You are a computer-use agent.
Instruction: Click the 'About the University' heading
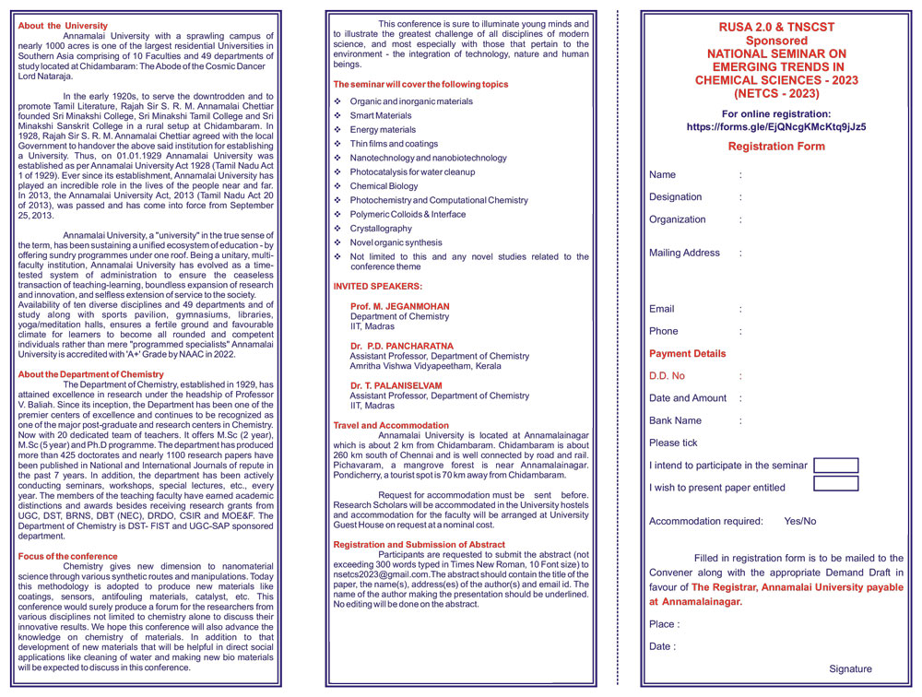tap(63, 26)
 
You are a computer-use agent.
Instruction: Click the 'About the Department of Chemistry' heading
tap(90, 374)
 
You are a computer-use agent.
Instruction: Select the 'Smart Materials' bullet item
tap(381, 115)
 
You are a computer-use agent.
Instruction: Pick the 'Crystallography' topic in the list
tap(381, 229)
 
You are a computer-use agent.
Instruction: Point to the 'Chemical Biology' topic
tap(384, 186)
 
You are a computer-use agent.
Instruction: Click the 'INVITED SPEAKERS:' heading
tap(377, 287)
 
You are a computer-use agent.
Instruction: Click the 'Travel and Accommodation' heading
tap(391, 426)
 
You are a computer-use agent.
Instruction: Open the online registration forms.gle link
tap(776, 127)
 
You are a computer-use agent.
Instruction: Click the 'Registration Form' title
tap(776, 147)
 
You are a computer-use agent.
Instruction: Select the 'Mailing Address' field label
tap(684, 253)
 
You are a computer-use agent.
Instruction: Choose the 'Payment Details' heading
tap(687, 353)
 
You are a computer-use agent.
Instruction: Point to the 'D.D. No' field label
tap(667, 376)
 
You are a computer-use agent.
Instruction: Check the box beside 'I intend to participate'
tap(835, 466)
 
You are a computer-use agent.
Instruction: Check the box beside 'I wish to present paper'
tap(835, 484)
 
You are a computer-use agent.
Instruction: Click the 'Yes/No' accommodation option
tap(799, 521)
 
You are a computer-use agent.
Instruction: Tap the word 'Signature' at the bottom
tap(850, 669)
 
